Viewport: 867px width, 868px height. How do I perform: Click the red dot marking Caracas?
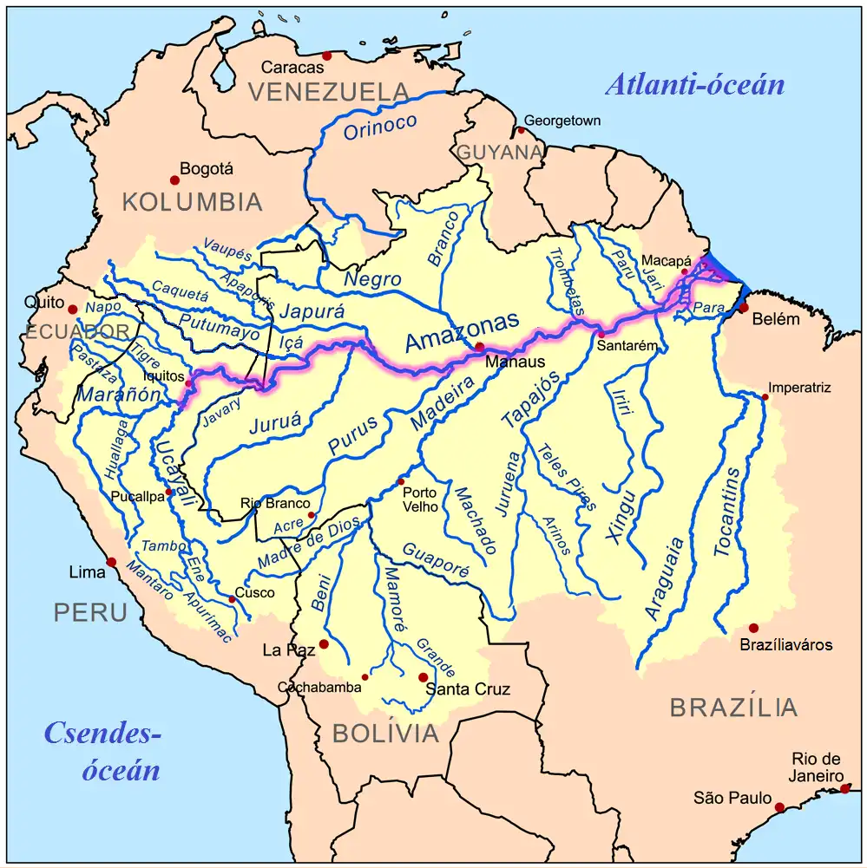click(326, 55)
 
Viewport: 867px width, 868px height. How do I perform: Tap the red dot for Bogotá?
click(174, 179)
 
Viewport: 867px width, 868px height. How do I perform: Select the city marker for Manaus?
click(479, 347)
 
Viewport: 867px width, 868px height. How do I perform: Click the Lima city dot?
click(111, 562)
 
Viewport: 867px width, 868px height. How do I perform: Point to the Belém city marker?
click(744, 308)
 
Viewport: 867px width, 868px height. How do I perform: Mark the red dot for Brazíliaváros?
click(753, 628)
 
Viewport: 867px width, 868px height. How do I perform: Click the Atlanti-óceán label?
click(694, 85)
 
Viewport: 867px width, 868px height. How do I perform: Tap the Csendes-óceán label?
click(104, 751)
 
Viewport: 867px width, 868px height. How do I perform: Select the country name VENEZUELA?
click(328, 91)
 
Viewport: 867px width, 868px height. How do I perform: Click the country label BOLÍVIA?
click(386, 734)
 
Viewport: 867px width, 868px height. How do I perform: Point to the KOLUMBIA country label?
click(192, 202)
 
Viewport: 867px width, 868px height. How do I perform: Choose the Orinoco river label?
click(380, 127)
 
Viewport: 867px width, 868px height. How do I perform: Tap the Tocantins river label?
click(727, 512)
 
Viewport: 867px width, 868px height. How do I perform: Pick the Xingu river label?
click(621, 517)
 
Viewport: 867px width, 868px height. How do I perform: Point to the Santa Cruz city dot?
click(423, 677)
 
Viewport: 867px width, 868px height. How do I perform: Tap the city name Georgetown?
click(562, 121)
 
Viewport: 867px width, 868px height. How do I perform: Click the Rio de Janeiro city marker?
click(845, 788)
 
